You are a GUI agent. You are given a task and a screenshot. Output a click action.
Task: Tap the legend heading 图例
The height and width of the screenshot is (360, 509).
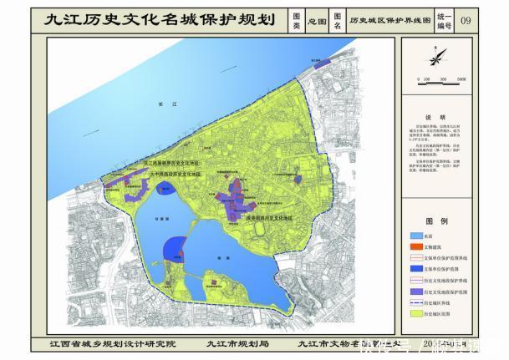click(435, 222)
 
